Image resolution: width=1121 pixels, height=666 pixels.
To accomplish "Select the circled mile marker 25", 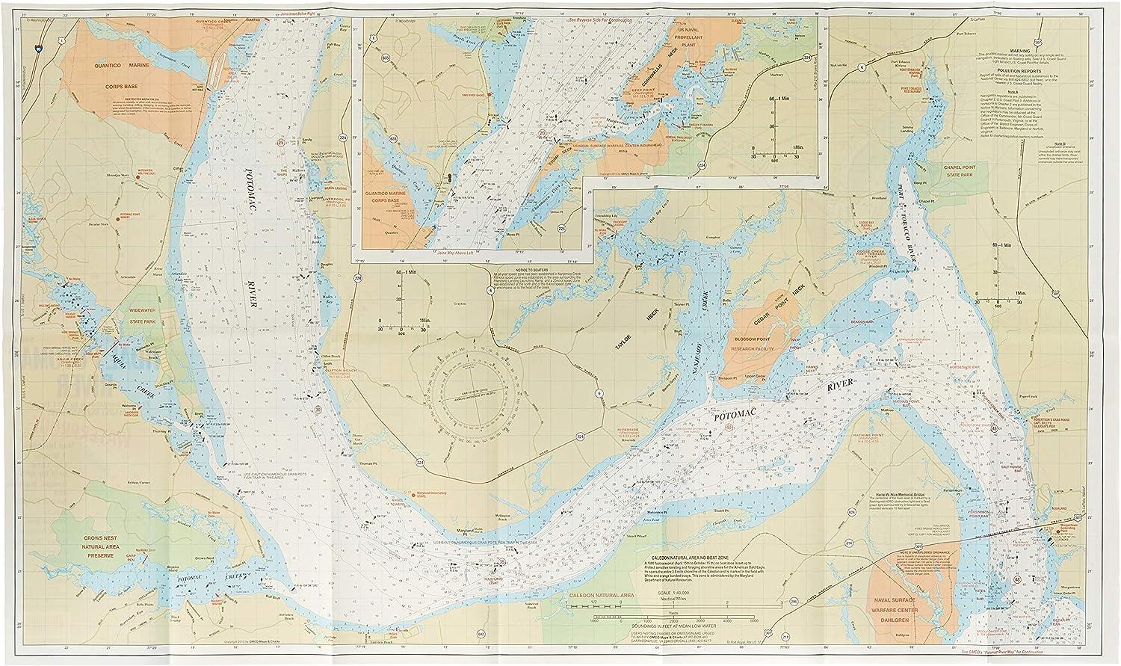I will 281,142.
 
